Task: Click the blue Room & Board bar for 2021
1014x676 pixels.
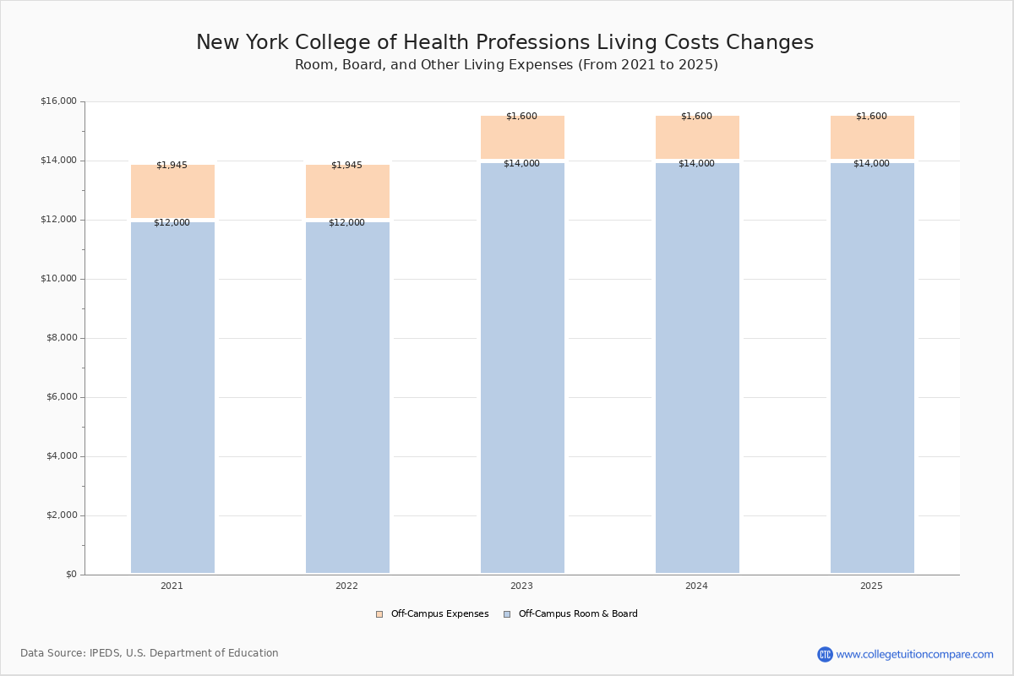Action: [172, 397]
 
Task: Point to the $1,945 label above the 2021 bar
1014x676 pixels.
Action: [172, 166]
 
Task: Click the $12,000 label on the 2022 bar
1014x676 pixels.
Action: [346, 223]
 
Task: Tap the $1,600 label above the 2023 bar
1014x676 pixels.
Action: [521, 117]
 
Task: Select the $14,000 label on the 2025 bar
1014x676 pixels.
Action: [871, 164]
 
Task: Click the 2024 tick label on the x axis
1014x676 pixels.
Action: [696, 586]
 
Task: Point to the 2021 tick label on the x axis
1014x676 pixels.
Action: [172, 586]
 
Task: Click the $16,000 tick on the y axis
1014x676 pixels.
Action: [58, 101]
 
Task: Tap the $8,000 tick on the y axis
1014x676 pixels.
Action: [61, 338]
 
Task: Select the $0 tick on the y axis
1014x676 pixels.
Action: [71, 575]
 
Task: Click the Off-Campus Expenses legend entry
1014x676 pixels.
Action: [433, 614]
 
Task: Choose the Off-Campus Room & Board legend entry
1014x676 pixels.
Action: [571, 614]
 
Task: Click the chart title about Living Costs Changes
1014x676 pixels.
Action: [504, 43]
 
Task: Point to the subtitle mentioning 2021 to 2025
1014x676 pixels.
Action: [506, 65]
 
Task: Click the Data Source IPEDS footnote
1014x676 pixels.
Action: [150, 653]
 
